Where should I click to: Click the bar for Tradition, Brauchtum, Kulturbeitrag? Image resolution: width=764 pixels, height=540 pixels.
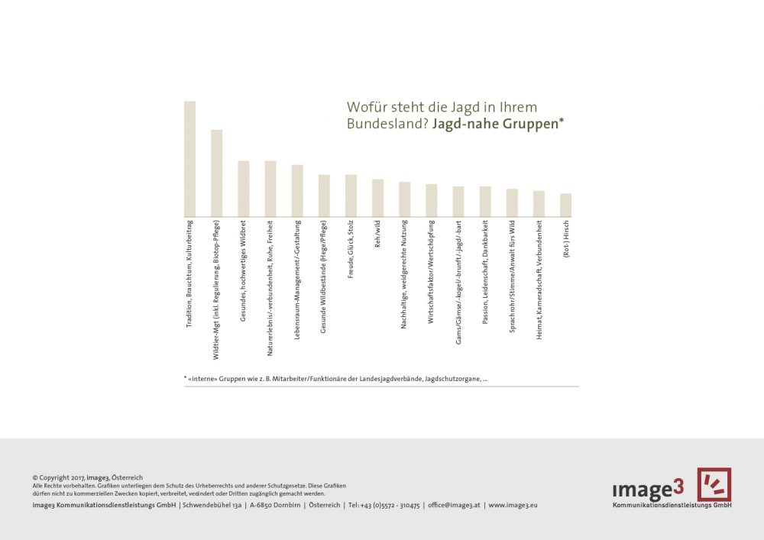point(189,159)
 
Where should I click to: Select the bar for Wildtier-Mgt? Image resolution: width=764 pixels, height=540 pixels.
point(216,173)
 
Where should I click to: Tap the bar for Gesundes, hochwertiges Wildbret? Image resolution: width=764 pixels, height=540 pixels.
point(244,189)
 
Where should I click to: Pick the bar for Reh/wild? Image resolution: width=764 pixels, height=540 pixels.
point(377,198)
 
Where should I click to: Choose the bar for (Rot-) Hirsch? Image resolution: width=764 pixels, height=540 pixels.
point(565,205)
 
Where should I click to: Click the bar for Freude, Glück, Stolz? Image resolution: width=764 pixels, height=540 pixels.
point(351,196)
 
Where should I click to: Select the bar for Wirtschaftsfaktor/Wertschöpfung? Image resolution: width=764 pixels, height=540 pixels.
point(432,200)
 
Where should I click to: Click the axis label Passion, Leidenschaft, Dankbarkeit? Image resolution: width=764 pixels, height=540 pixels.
point(485,273)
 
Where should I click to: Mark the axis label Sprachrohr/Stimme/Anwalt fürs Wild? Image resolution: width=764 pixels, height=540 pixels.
point(512,279)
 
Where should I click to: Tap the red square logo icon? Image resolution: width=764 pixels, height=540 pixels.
point(714,484)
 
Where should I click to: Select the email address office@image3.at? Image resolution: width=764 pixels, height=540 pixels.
point(454,505)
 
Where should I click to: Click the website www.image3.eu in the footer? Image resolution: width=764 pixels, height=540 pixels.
point(513,505)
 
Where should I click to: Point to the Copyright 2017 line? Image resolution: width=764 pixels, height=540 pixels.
point(88,477)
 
